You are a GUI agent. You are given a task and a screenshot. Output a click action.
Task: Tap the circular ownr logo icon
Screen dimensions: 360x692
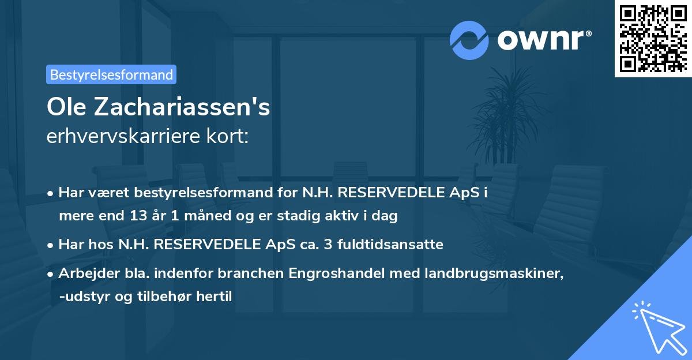(469, 40)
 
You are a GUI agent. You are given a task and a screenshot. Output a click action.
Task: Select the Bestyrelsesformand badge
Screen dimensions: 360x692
(111, 74)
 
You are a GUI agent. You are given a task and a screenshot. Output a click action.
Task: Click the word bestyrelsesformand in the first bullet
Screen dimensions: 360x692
(193, 192)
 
